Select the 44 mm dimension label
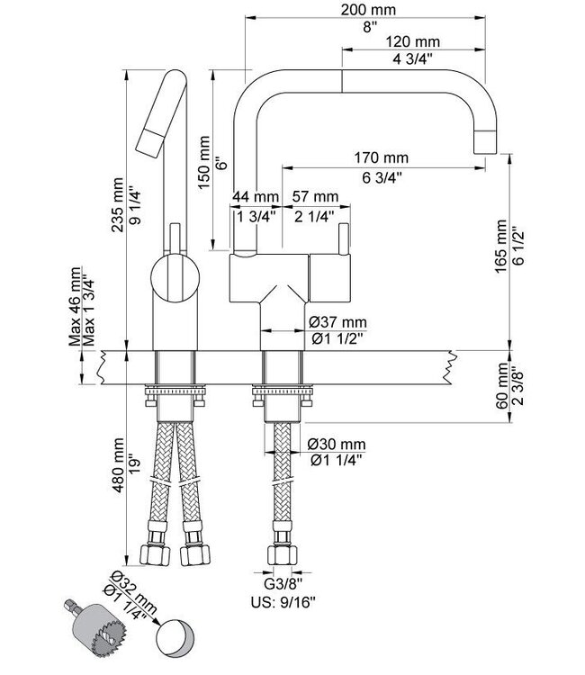click(x=254, y=197)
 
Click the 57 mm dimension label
click(x=315, y=197)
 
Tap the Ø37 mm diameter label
click(x=337, y=322)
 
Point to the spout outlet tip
click(x=484, y=141)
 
